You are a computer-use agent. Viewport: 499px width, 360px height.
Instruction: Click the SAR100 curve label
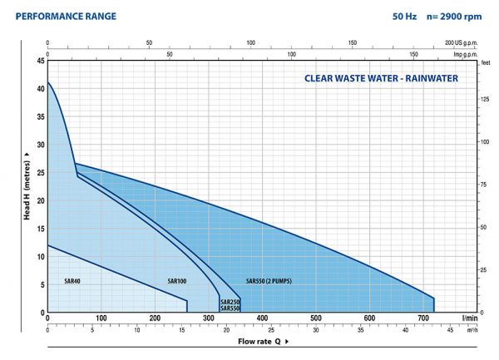176,280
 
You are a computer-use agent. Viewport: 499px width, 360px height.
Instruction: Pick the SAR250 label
230,302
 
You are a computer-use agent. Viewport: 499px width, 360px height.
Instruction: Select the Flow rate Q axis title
264,341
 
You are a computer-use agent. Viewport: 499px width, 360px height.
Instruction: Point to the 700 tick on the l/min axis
422,318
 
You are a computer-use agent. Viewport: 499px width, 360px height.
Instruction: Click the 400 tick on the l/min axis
261,318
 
